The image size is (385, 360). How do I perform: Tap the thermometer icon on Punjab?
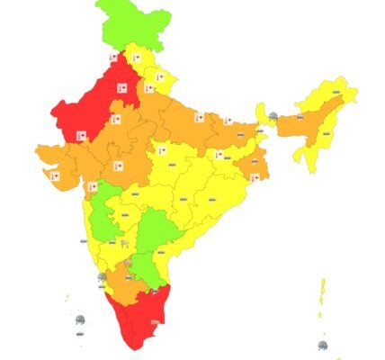[x=114, y=57]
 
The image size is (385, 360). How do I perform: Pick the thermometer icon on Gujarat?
[x=56, y=177]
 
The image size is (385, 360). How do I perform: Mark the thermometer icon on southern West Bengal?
[x=255, y=177]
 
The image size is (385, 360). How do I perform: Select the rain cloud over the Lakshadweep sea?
[x=80, y=320]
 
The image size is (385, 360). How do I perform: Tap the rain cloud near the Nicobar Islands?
[x=323, y=345]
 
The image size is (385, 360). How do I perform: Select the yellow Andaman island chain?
[x=322, y=297]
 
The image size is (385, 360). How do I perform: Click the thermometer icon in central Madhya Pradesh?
[x=164, y=150]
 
